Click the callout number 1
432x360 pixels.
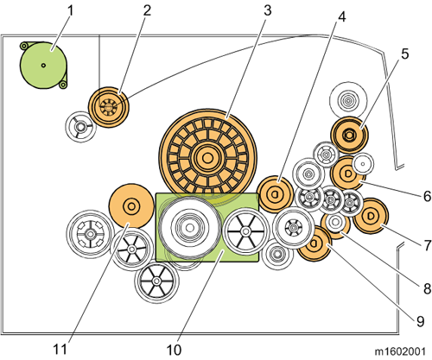70,11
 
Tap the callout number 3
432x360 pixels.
268,10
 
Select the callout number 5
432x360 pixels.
404,54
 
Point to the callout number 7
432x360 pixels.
427,245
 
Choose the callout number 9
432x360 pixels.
420,321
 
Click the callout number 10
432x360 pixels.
174,350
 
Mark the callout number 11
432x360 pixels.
60,350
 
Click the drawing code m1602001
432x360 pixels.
400,351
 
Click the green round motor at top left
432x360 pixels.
43,65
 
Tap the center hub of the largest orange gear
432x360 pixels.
207,157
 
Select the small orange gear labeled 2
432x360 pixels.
109,107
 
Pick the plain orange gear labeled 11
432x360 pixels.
131,206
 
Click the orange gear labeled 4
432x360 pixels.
276,194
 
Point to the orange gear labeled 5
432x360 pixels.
349,135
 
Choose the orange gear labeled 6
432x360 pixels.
347,174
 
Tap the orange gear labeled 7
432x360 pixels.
371,216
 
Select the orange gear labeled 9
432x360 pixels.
314,243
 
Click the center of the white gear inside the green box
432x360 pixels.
189,228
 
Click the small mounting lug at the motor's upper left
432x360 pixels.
24,46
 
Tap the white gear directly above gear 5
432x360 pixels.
348,101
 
